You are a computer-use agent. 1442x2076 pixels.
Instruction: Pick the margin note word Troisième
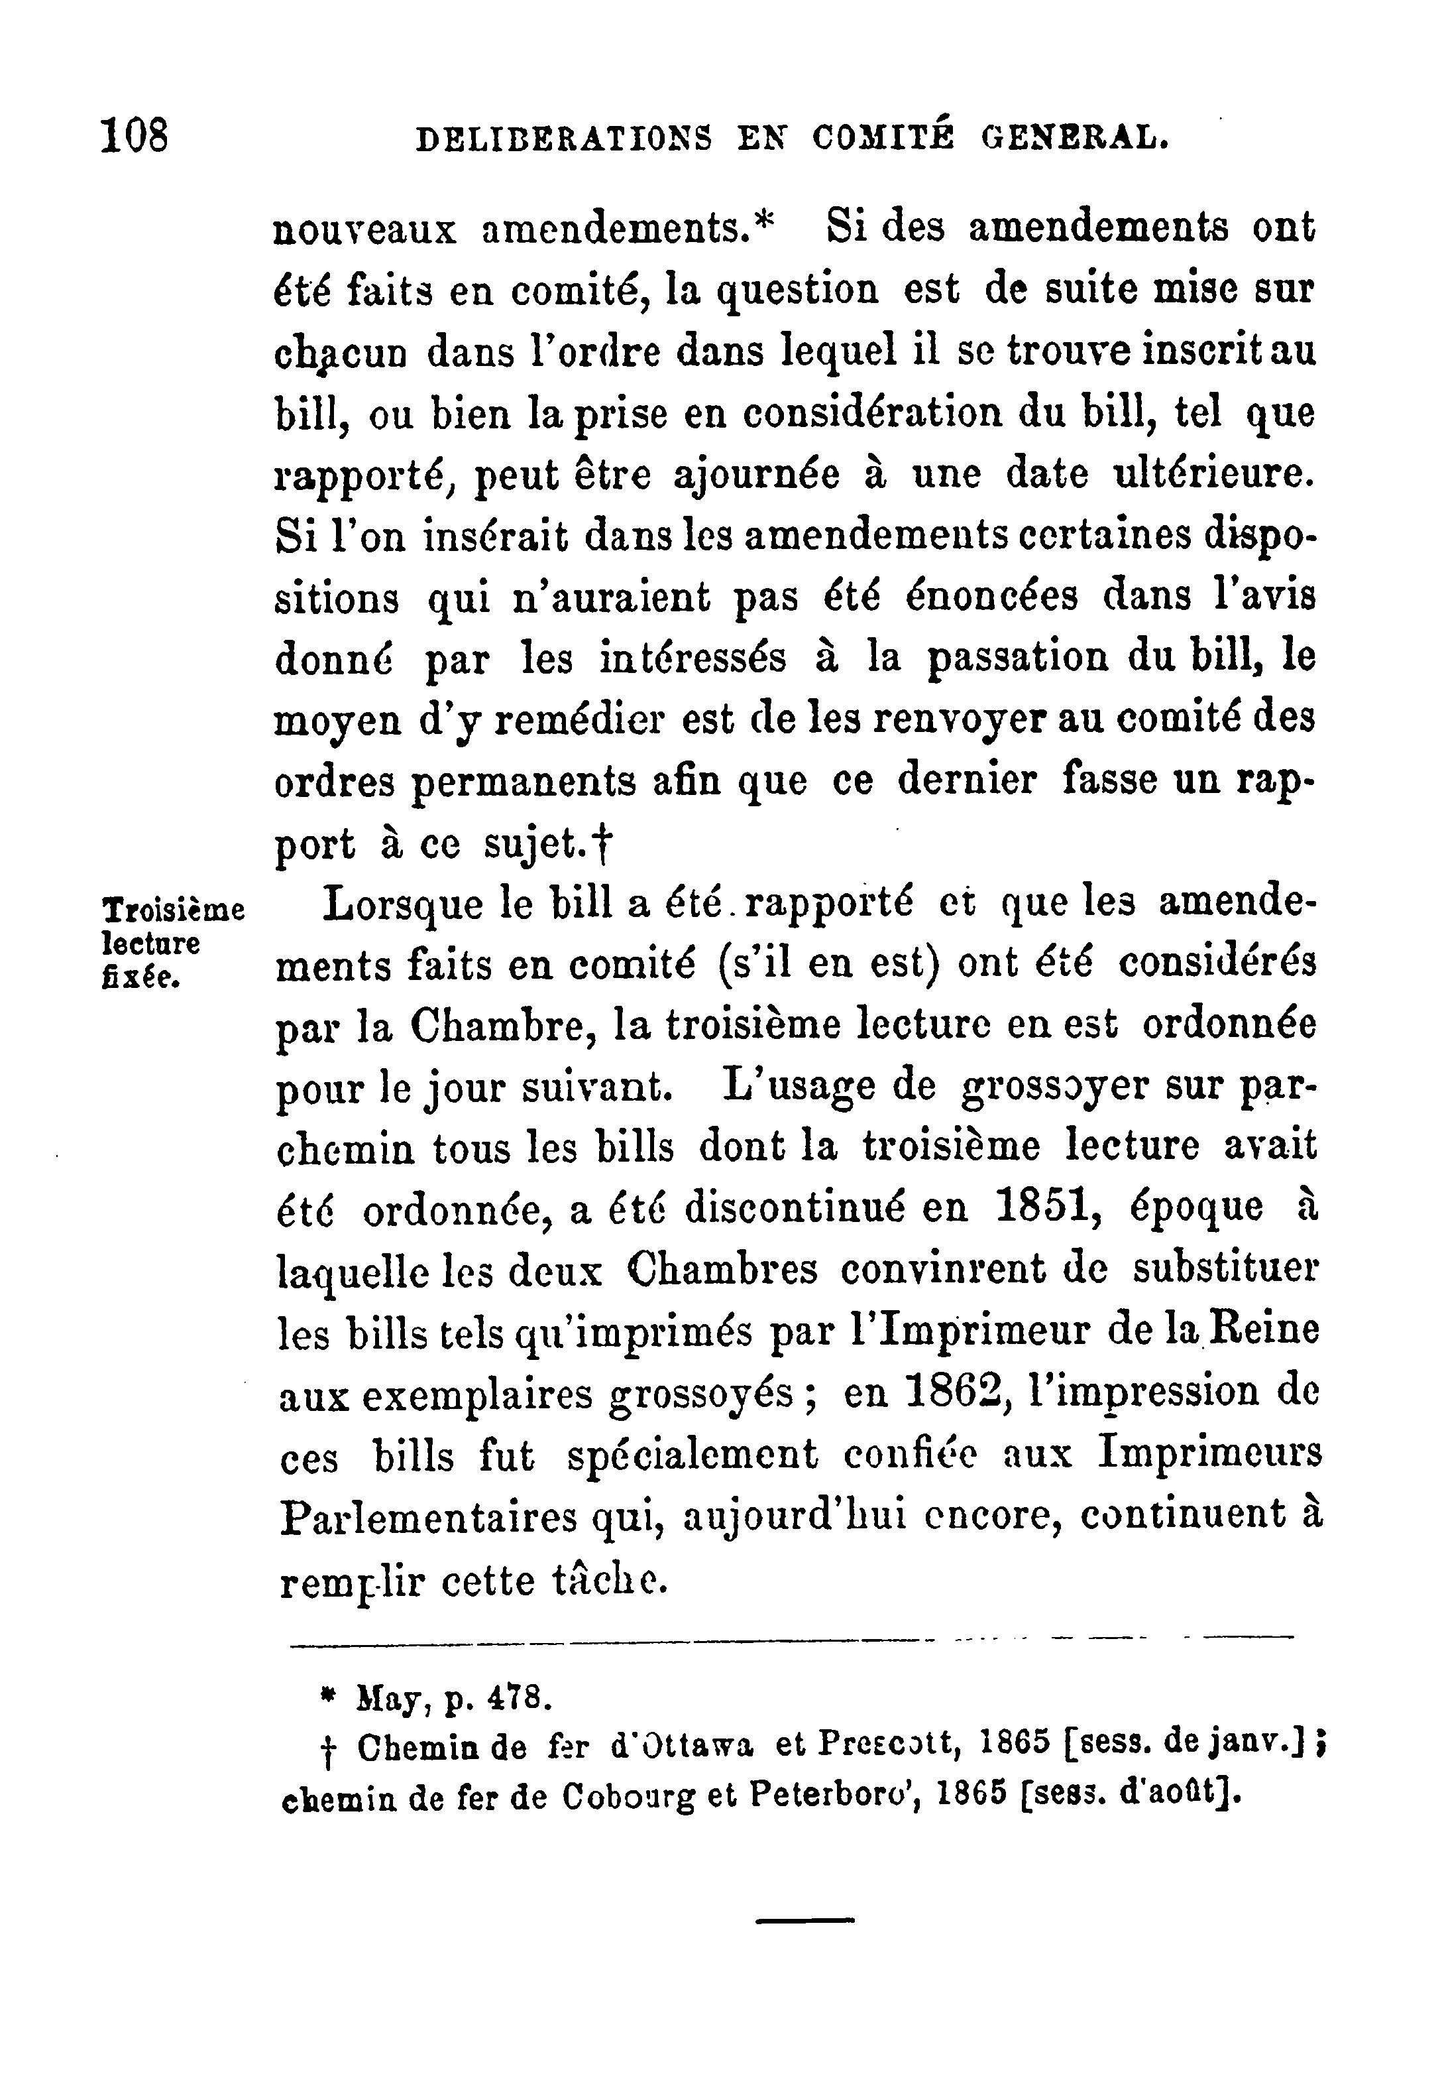[174, 909]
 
